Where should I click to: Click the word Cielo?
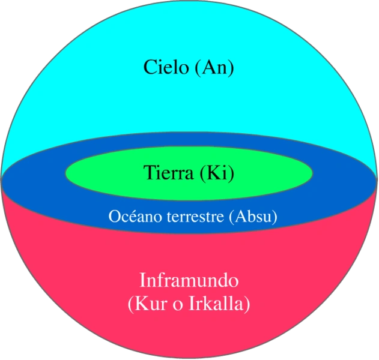point(166,67)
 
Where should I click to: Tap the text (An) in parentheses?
point(214,67)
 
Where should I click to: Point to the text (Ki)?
point(217,173)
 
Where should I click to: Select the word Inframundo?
point(189,280)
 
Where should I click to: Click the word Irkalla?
point(219,304)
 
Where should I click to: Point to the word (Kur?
point(144,304)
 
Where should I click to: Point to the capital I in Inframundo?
point(142,280)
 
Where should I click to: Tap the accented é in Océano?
point(128,216)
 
